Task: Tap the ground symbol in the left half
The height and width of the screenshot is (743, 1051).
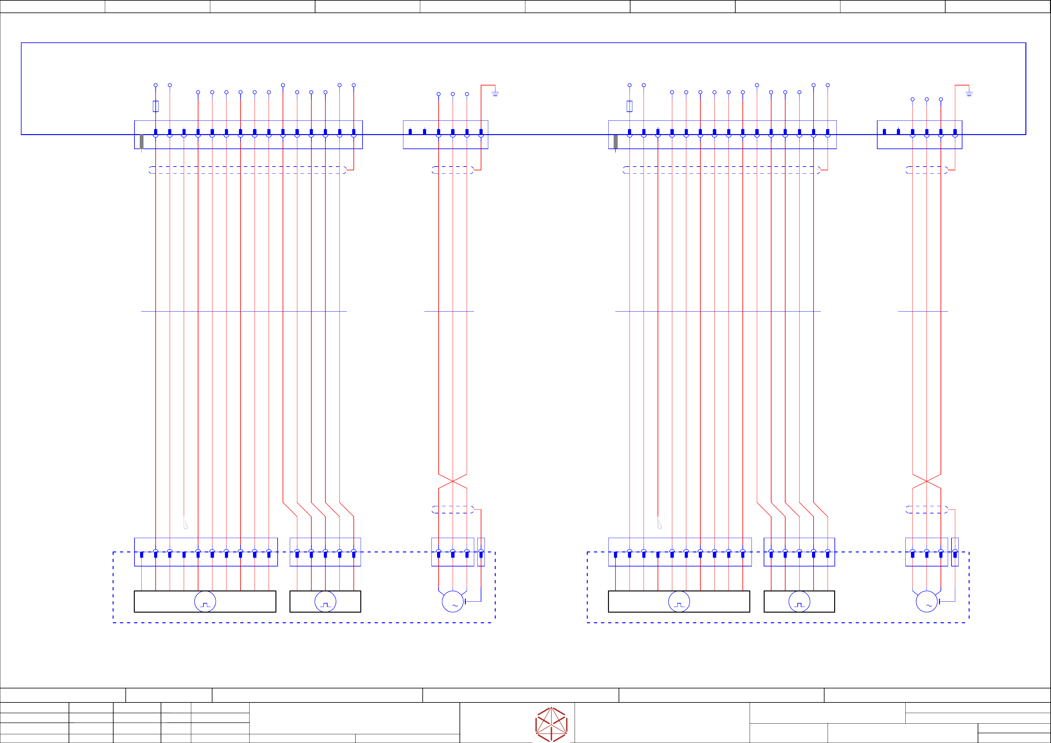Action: [x=495, y=93]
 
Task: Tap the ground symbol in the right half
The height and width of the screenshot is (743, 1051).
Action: [x=969, y=93]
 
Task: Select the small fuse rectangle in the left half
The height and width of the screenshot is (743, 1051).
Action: [x=156, y=106]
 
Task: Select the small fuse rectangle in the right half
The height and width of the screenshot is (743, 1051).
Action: [x=630, y=106]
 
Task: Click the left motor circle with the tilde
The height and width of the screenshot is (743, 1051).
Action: [x=453, y=601]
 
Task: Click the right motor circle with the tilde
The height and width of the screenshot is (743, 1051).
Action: [x=927, y=601]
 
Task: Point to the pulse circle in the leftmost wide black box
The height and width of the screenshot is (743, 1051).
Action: [x=205, y=601]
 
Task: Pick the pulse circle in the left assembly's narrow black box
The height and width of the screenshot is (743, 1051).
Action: [x=325, y=601]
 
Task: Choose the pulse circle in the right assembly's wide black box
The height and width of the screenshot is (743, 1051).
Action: [x=679, y=601]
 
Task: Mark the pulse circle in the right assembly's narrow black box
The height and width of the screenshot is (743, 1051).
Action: [x=799, y=601]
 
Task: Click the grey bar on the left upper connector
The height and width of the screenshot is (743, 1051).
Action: [x=141, y=142]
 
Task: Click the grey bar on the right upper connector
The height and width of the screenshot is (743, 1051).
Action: [x=615, y=142]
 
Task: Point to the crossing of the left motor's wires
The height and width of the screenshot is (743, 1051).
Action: [x=453, y=481]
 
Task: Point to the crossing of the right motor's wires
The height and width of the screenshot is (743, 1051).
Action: [x=927, y=481]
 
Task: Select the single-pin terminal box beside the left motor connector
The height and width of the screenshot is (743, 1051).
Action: [x=481, y=552]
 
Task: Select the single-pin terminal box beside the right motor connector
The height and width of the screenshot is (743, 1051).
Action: [x=955, y=552]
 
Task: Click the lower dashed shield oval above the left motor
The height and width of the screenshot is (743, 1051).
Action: [x=453, y=509]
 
